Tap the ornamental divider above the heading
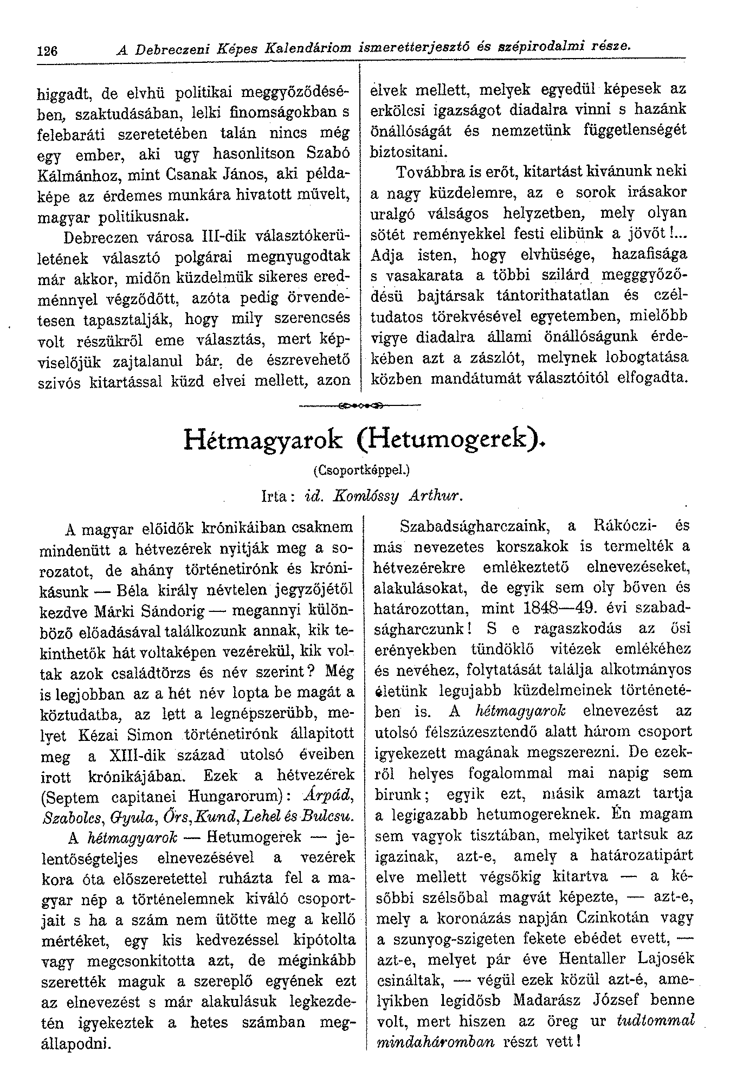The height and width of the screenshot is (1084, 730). pos(360,404)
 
